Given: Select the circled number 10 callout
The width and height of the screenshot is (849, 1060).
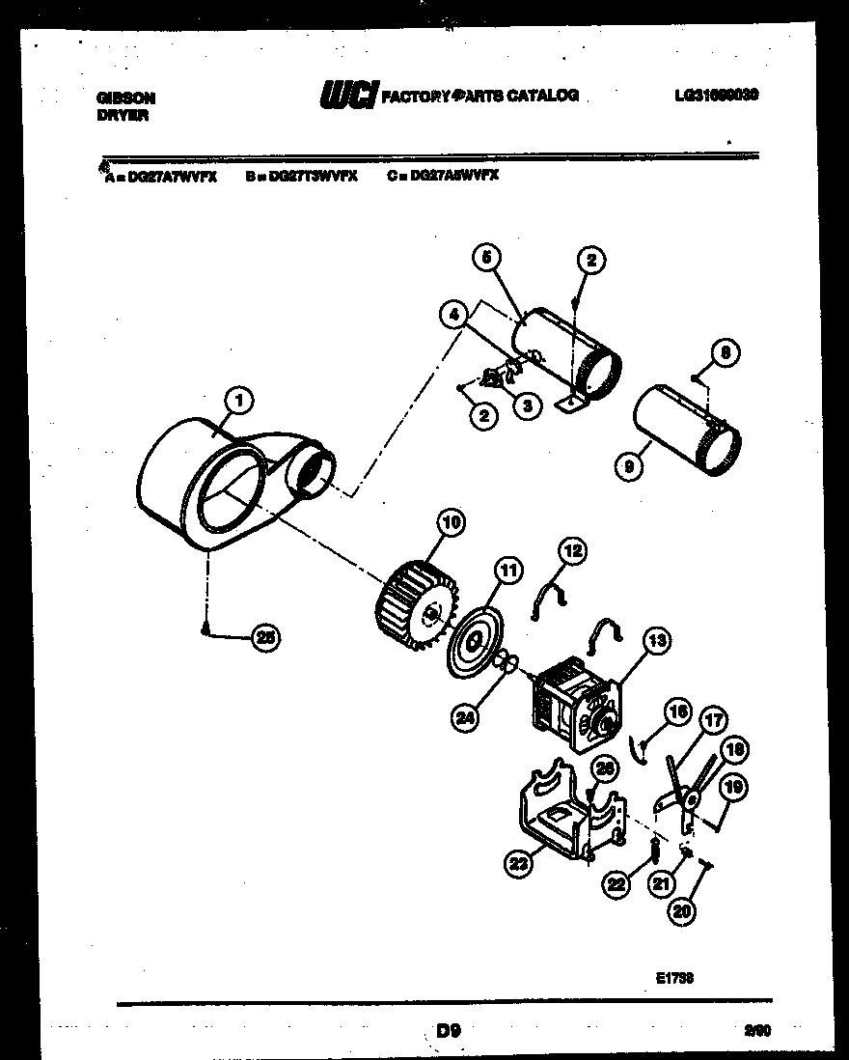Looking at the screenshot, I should pyautogui.click(x=450, y=523).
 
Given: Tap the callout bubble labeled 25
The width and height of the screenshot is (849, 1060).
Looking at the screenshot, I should pyautogui.click(x=264, y=635).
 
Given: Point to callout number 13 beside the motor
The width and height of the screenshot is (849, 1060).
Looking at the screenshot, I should pyautogui.click(x=657, y=639).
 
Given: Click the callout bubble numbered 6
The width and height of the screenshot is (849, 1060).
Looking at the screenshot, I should pyautogui.click(x=487, y=258).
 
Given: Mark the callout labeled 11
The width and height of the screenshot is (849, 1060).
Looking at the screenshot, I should pyautogui.click(x=507, y=570).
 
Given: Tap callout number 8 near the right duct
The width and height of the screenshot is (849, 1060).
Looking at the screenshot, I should pyautogui.click(x=726, y=351).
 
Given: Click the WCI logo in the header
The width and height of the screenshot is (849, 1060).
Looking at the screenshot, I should pyautogui.click(x=348, y=95).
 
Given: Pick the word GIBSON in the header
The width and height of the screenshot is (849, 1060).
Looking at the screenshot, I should pyautogui.click(x=126, y=98).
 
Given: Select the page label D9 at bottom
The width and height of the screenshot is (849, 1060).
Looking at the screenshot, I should pyautogui.click(x=449, y=1031).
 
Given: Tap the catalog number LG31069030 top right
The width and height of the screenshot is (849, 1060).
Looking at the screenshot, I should pyautogui.click(x=716, y=96).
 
